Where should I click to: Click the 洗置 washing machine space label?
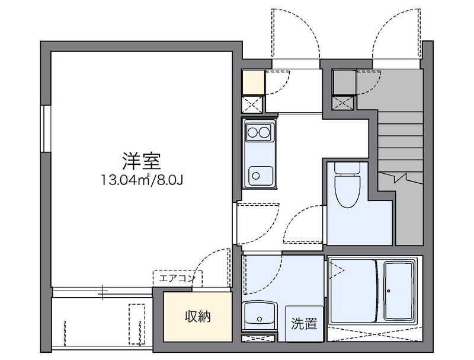(x=303, y=324)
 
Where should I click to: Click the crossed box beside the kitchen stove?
(x=253, y=104)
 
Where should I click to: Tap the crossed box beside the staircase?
(x=344, y=103)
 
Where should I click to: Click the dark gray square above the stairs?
(x=344, y=81)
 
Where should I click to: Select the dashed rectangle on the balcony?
(x=137, y=323)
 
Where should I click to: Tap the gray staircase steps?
(x=400, y=142)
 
